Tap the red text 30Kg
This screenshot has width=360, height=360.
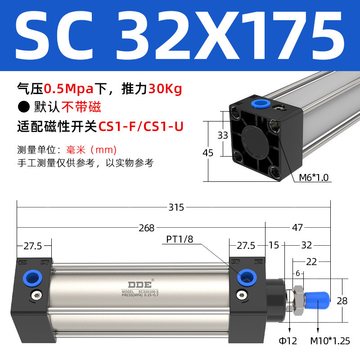pyautogui.click(x=165, y=89)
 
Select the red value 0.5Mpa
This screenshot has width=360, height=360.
pyautogui.click(x=63, y=89)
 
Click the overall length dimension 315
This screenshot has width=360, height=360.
pyautogui.click(x=176, y=207)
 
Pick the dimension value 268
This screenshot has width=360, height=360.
pyautogui.click(x=146, y=228)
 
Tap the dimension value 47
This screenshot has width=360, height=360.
pyautogui.click(x=297, y=228)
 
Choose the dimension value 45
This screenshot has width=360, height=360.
pyautogui.click(x=208, y=153)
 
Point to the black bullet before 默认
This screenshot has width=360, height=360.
pyautogui.click(x=22, y=108)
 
